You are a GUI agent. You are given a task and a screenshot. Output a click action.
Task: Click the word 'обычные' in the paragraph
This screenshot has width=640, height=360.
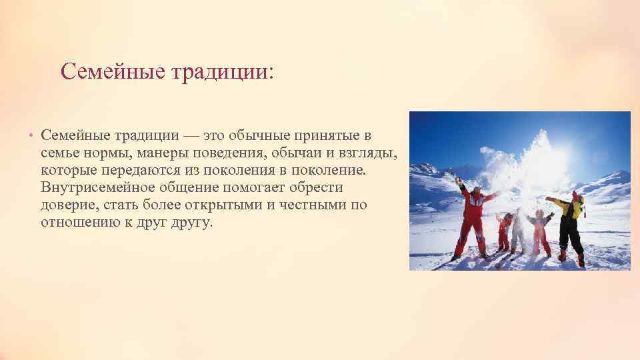257,136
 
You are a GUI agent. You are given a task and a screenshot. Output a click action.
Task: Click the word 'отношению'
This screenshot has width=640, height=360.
75,222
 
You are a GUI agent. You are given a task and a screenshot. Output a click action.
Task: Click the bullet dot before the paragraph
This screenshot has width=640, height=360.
31,137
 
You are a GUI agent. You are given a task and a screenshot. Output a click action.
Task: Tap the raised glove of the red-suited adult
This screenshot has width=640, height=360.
457,179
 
